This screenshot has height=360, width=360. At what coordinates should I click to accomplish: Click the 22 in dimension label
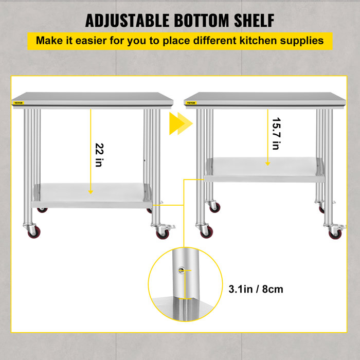coord(99,155)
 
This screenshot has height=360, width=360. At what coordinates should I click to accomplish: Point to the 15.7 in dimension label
coord(276,134)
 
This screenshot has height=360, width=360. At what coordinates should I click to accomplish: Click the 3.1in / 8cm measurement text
coord(255,289)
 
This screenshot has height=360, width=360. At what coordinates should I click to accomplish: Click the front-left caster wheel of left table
coord(32,231)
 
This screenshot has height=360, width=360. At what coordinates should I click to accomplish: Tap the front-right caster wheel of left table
coord(161,233)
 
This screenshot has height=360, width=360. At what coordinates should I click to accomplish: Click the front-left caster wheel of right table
coord(206,232)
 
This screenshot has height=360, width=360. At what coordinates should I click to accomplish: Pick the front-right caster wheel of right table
coord(334,233)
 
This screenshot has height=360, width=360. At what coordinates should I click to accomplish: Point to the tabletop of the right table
coord(262,98)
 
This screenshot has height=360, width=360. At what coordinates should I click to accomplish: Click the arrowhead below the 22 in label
coord(91,191)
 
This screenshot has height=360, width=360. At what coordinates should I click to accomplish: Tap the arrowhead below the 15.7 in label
coord(267,164)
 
